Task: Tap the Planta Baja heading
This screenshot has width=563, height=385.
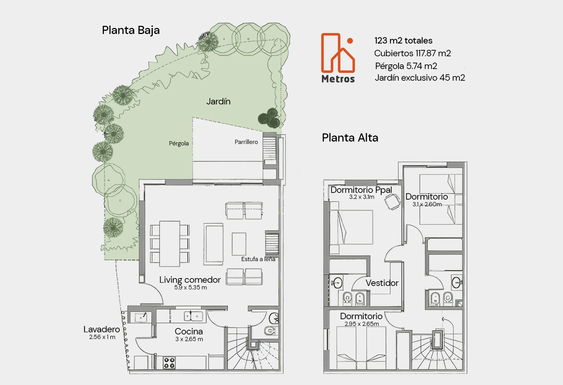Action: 131,30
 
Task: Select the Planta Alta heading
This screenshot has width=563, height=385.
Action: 350,138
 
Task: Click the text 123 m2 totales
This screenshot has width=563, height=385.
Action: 403,40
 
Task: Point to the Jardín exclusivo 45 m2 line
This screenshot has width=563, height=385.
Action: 420,78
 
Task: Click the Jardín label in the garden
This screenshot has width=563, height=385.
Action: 218,102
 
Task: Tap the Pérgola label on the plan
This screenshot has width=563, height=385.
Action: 179,143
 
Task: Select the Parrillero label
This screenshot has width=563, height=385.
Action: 246,142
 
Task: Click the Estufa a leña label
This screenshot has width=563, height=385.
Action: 258,259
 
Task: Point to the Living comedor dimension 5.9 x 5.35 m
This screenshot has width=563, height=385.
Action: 191,287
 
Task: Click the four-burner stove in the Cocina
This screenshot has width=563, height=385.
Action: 169,363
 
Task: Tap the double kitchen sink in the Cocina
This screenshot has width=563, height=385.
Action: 193,316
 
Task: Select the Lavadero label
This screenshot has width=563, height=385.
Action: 101,329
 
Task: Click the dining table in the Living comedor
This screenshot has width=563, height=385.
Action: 170,244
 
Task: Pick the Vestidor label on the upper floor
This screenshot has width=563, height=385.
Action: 382,283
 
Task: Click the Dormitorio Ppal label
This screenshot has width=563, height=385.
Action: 361,190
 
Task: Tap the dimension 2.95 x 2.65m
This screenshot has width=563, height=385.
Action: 362,324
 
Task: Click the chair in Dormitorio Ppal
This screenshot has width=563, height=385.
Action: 392,202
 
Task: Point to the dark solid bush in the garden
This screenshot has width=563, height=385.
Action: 269,118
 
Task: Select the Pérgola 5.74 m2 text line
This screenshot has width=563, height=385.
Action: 406,66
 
